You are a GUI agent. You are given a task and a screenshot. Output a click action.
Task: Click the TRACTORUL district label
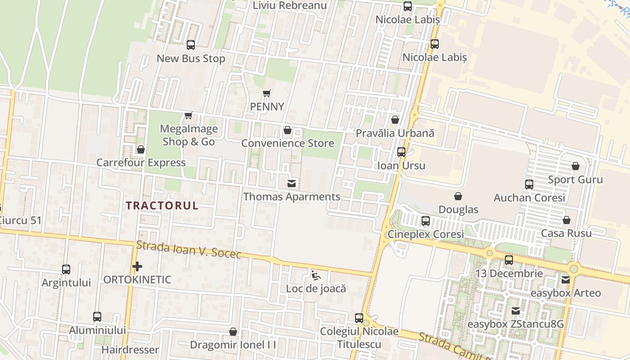pos(162,206)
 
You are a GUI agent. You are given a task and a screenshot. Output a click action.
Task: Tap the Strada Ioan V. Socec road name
pos(189,250)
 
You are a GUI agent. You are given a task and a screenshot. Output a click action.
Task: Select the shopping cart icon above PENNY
pos(267,94)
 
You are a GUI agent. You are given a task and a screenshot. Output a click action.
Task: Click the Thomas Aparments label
pos(292,197)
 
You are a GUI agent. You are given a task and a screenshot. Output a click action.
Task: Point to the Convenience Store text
pos(288,143)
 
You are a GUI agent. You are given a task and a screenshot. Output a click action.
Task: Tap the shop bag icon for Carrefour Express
pos(141,149)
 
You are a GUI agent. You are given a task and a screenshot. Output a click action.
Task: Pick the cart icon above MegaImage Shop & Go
pos(189,116)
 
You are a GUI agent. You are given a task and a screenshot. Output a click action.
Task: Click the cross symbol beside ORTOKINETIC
pos(137,266)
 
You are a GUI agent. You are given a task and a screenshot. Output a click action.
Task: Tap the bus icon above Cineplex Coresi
pos(426,221)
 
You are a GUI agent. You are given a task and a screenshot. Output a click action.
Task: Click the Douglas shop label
pos(458,209)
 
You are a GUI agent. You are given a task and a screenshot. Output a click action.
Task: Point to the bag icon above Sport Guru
pos(575,166)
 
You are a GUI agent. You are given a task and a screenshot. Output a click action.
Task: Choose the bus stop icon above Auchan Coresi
pos(529,184)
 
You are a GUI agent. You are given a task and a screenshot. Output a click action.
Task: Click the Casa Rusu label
pos(566,233)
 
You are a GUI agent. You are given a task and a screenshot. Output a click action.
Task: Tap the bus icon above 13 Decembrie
pos(509,260)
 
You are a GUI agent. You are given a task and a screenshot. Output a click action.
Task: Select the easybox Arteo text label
pos(566,293)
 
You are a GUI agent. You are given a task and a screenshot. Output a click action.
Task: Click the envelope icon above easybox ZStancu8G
pos(516,311)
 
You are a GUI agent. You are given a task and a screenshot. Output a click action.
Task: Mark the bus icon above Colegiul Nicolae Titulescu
pos(359,318)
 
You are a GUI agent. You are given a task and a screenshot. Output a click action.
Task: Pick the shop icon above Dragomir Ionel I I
pos(233,332)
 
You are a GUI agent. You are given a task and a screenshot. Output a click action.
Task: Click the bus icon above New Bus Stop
pos(191,45)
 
